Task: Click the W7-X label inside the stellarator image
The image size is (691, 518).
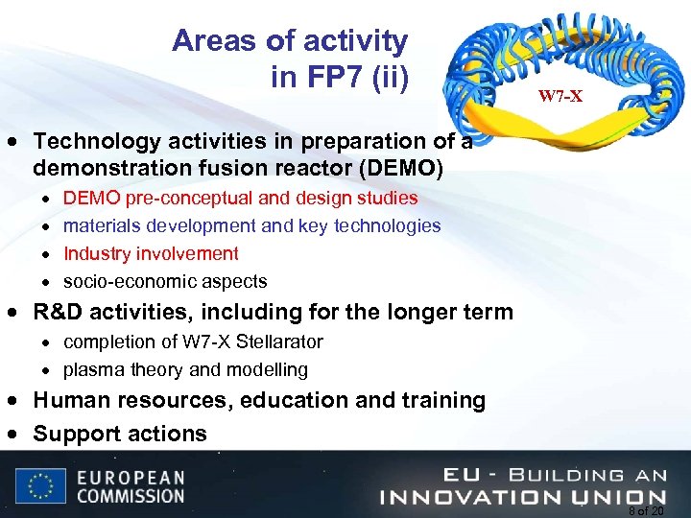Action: (x=560, y=96)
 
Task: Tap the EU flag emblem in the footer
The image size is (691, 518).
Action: (x=40, y=486)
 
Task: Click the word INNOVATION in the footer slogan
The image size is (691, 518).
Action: (x=476, y=496)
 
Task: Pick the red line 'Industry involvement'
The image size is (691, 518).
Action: (x=151, y=253)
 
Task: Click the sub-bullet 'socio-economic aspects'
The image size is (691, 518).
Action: (x=165, y=281)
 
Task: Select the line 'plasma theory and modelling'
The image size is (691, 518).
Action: (x=185, y=369)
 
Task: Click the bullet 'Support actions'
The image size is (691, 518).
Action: (x=120, y=434)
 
